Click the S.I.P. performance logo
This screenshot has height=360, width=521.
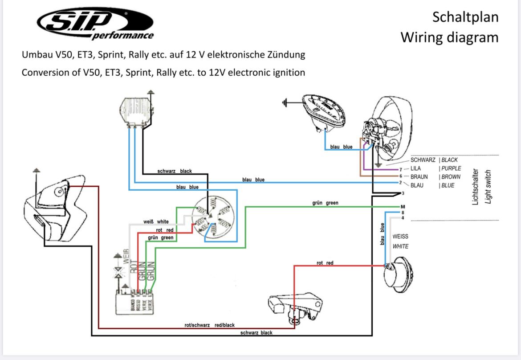[x=95, y=24]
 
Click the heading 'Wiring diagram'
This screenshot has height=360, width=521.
[x=449, y=37]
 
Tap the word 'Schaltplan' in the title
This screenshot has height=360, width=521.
[x=465, y=17]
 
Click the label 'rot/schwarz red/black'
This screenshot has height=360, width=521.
[x=209, y=325]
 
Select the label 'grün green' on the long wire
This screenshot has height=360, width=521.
[x=325, y=203]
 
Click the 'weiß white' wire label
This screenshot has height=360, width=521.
[x=156, y=221]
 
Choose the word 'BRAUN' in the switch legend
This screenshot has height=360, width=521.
[x=419, y=177]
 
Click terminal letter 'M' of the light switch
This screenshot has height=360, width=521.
[x=403, y=207]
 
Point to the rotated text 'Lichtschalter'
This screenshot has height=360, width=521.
[x=475, y=187]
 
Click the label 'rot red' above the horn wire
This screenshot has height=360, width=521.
[x=325, y=263]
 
